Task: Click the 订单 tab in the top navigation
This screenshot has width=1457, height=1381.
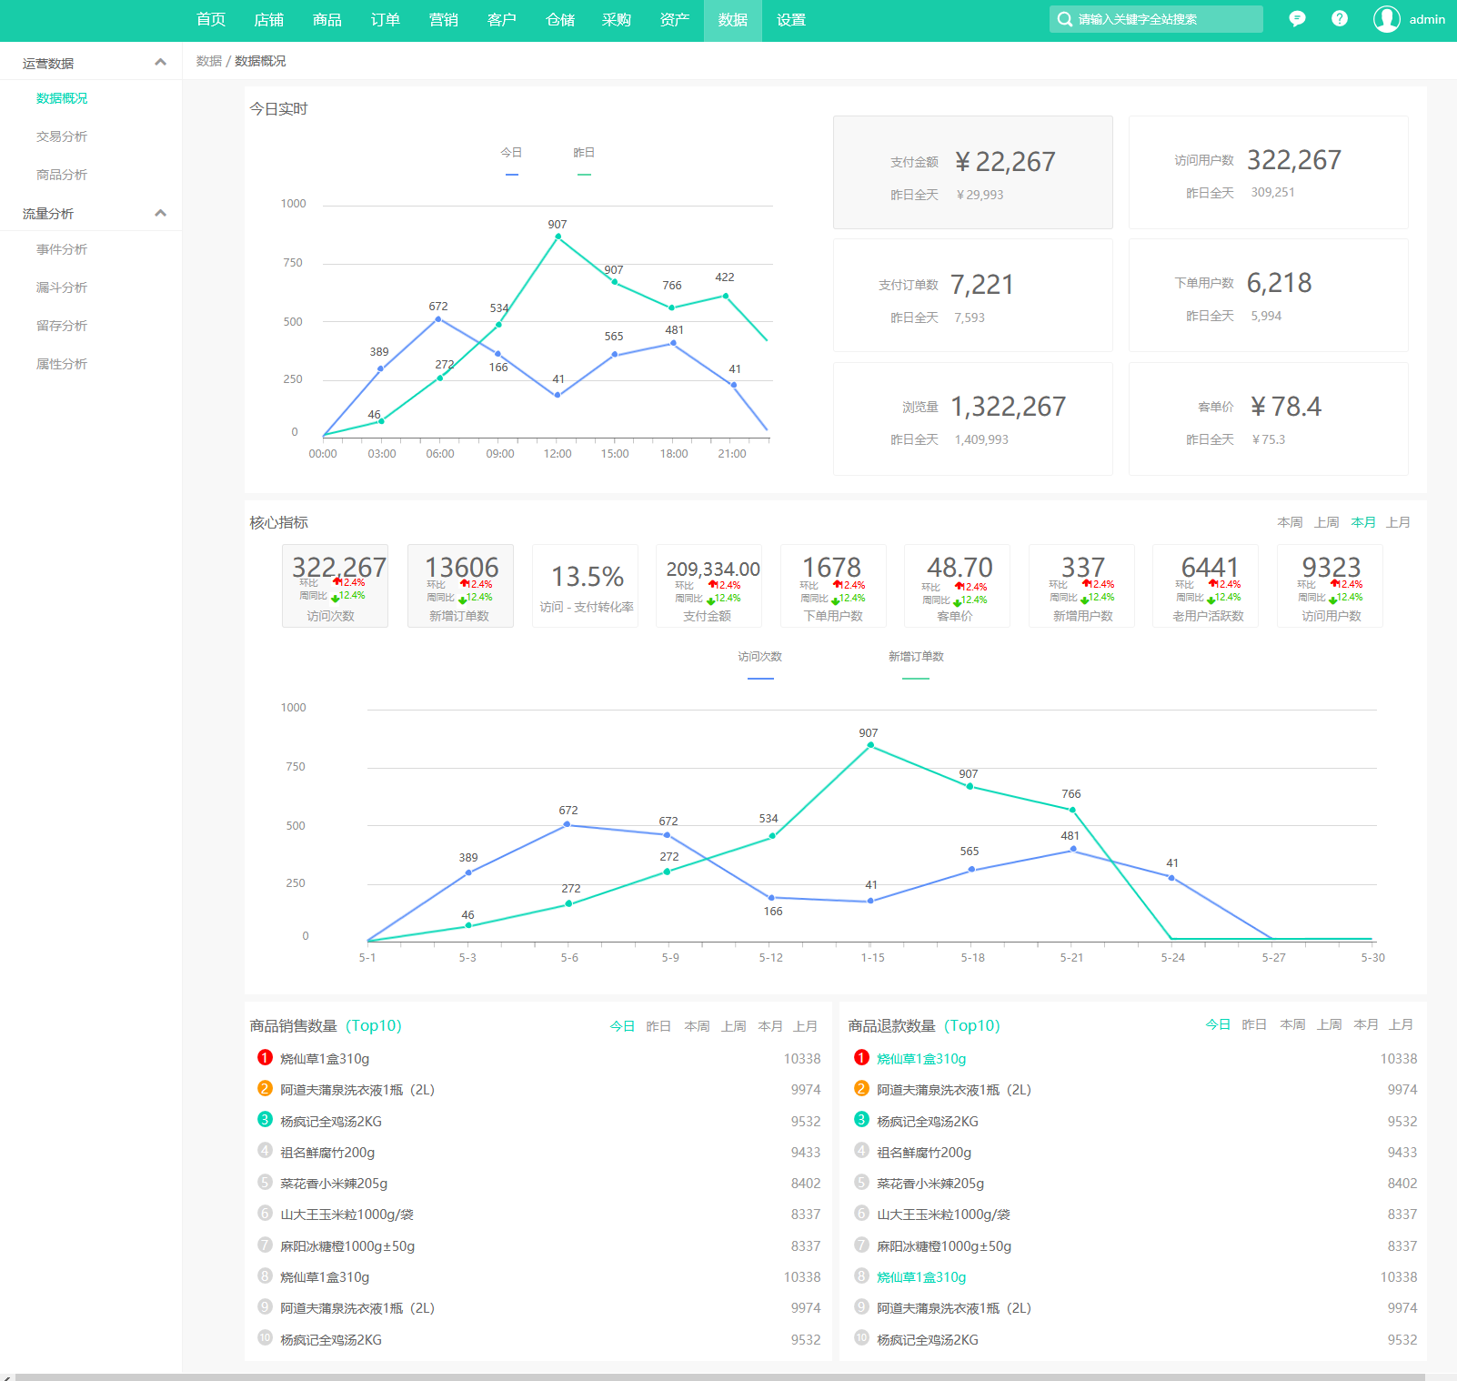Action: [x=385, y=20]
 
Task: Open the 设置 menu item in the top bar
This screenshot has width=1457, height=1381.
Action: [x=790, y=20]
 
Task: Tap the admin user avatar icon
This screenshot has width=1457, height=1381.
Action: [x=1386, y=19]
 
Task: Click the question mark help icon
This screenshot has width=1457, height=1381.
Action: [x=1339, y=19]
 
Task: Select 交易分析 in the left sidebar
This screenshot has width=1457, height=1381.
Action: [x=62, y=136]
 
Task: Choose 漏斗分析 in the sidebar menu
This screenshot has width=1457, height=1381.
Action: [x=62, y=287]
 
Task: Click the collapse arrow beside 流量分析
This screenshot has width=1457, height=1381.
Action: [x=161, y=213]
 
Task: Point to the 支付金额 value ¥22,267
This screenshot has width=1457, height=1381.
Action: [x=1005, y=162]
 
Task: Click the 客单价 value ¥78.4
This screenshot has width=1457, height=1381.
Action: [x=1285, y=407]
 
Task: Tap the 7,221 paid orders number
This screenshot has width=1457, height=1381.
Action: [x=981, y=285]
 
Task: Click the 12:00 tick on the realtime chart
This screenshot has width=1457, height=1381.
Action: [x=558, y=453]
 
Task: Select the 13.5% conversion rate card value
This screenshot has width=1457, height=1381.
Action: [x=588, y=577]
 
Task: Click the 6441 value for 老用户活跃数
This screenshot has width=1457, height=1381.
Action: [x=1210, y=567]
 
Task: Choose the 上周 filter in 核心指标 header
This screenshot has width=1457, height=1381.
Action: [x=1326, y=522]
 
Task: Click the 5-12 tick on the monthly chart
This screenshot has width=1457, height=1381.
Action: [x=770, y=957]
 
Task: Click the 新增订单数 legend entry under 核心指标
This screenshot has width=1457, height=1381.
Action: [x=916, y=657]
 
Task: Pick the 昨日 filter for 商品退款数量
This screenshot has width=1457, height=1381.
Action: [x=1254, y=1024]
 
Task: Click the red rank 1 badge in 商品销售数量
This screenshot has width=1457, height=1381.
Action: [x=265, y=1057]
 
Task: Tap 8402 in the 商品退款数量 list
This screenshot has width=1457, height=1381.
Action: [x=1402, y=1184]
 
